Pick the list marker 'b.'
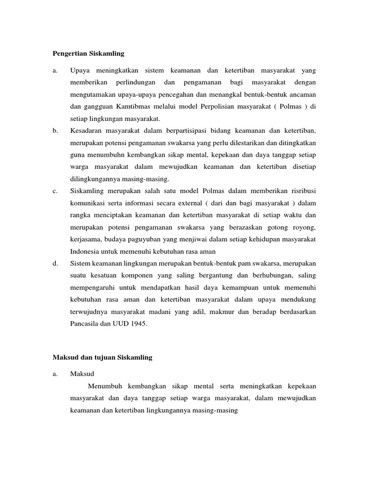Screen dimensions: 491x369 click(x=55, y=130)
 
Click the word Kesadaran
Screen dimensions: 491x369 click(x=85, y=130)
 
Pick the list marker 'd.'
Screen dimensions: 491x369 click(x=55, y=264)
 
